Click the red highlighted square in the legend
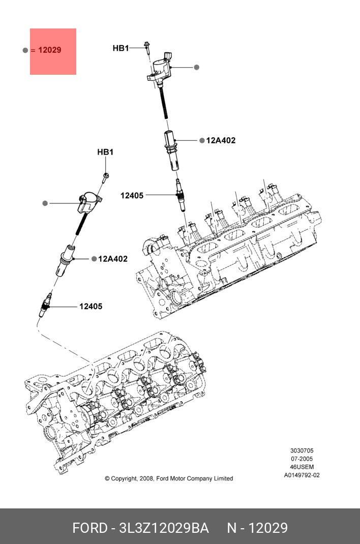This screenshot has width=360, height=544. [x=53, y=51]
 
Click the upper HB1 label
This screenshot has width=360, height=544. [x=121, y=48]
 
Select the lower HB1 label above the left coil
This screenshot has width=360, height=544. [x=105, y=152]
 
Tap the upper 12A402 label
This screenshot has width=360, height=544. [x=221, y=140]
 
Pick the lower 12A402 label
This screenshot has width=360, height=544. [x=113, y=259]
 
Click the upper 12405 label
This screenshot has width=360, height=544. [x=132, y=195]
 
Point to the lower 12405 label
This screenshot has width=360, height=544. [x=91, y=306]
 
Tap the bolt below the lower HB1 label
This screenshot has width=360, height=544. [x=106, y=177]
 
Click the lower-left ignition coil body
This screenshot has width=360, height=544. [x=87, y=202]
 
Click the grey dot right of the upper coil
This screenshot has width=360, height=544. [x=197, y=67]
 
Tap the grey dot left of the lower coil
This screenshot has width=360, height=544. [x=45, y=203]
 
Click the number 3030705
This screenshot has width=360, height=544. [x=302, y=450]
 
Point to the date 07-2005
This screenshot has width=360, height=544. [x=302, y=459]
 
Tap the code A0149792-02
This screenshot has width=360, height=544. [x=302, y=475]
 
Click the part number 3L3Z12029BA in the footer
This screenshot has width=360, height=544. [x=164, y=528]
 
